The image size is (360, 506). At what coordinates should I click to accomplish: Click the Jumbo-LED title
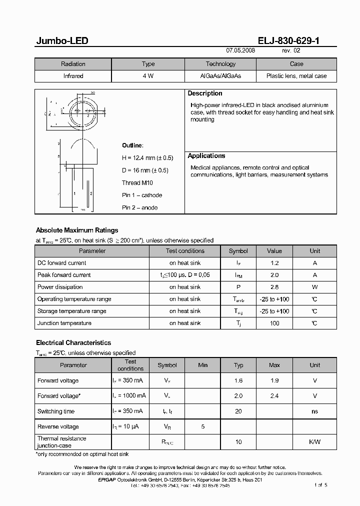62,41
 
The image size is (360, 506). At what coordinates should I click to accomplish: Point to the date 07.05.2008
240,50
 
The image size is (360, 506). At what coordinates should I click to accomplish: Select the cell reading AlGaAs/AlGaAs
220,76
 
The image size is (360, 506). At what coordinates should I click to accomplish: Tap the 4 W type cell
148,76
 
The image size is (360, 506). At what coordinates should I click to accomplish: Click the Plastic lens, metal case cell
296,76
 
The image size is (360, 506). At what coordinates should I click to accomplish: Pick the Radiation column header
73,64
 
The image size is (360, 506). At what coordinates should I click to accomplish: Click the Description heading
205,93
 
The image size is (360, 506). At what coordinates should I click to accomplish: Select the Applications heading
206,156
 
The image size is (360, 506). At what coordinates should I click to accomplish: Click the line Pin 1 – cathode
142,195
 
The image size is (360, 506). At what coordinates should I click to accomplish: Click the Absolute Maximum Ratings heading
77,230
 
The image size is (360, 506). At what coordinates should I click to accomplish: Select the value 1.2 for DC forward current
274,263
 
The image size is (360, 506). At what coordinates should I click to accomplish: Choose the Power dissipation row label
60,287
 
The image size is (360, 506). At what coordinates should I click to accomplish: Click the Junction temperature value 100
274,323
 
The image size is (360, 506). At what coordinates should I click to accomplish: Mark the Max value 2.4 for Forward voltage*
274,396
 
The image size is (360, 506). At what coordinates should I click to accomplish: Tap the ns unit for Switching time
314,411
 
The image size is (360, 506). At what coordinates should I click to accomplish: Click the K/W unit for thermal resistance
314,442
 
